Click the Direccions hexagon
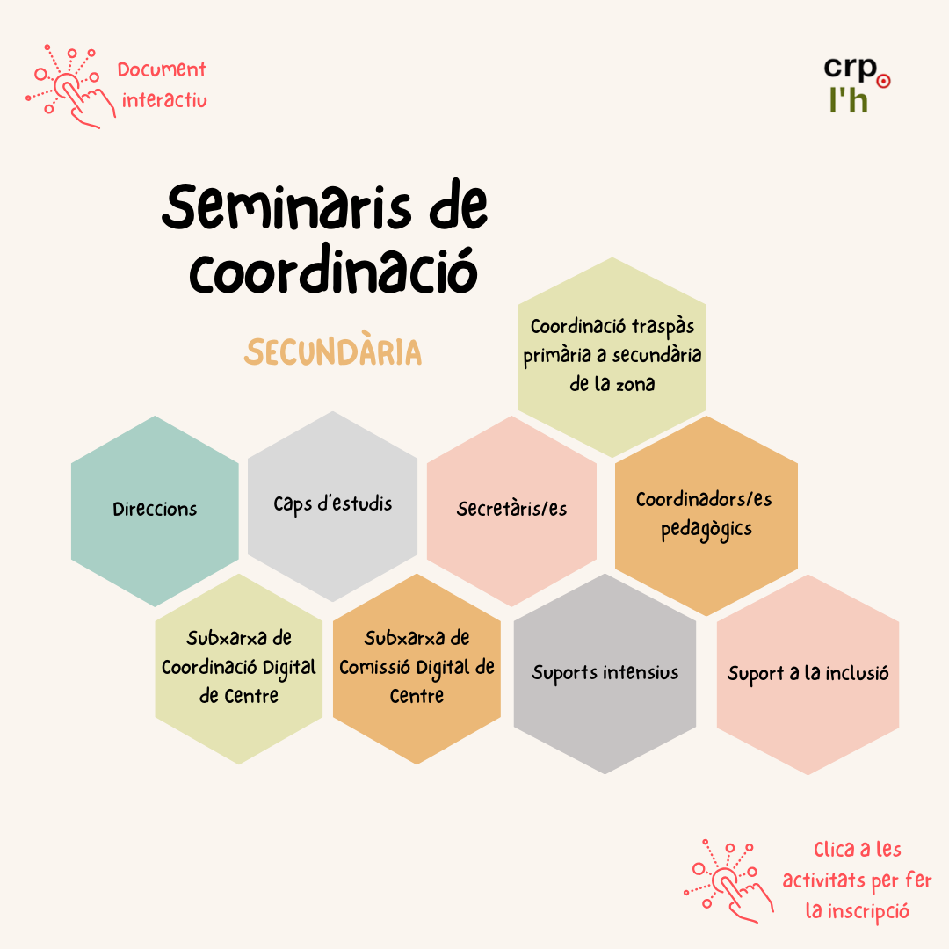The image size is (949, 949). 155,511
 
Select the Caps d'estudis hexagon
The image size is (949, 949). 332,507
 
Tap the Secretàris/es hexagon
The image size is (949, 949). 512,511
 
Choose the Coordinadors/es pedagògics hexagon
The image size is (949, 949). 706,516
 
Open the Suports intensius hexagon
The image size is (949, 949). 605,674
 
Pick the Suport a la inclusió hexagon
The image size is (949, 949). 808,674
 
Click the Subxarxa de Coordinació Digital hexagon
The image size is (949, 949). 239,669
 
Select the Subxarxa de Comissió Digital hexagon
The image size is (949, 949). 417,669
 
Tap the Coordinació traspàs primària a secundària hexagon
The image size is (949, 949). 612,357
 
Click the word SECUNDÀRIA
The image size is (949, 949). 333,351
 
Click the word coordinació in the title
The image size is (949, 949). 334,270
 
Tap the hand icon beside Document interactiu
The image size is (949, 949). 71,86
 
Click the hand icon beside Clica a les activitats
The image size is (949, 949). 728,881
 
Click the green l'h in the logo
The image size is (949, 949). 849,99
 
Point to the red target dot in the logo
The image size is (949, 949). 884,81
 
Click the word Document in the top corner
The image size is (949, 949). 162,69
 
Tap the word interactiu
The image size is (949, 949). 164,99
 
